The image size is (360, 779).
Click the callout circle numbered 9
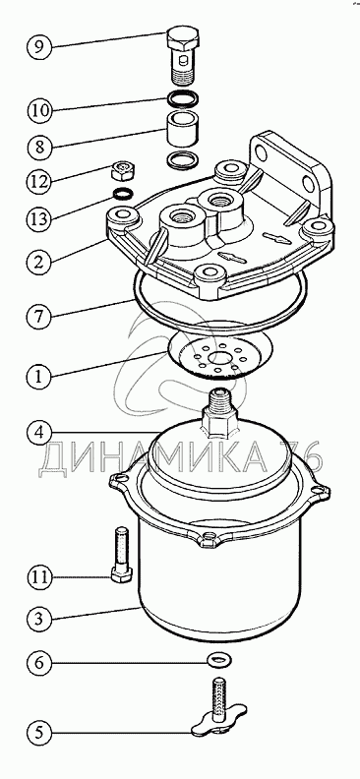39,46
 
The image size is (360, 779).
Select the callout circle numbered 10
39,109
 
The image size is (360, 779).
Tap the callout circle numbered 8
39,148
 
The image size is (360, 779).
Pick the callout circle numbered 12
39,181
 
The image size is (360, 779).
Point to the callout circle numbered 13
39,218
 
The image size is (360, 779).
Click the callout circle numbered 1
39,377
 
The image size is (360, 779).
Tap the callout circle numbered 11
39,577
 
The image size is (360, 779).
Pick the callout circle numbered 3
39,619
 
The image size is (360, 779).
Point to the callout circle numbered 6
39,663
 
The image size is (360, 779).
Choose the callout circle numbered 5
39,732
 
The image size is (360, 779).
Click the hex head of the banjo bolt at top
182,39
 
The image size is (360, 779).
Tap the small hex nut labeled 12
122,171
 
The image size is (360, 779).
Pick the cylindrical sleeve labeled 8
182,128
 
